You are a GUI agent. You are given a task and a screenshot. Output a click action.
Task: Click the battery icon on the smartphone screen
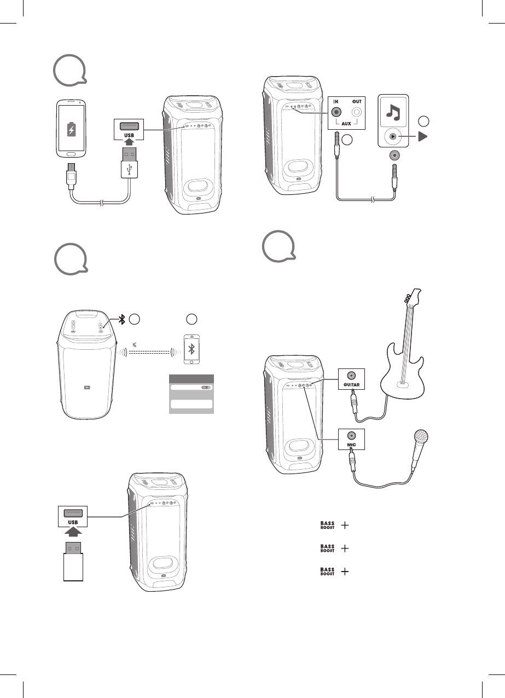[71, 130]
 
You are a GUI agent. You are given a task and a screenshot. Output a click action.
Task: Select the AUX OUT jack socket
[358, 112]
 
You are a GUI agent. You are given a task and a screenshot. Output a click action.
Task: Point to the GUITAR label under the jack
[350, 386]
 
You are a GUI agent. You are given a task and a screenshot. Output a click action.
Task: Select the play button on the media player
[392, 137]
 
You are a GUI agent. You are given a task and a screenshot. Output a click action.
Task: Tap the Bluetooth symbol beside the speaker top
[124, 320]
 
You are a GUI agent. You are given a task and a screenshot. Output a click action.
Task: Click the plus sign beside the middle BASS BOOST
[345, 548]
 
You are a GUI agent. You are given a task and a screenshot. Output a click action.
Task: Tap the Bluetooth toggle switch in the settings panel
[206, 387]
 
